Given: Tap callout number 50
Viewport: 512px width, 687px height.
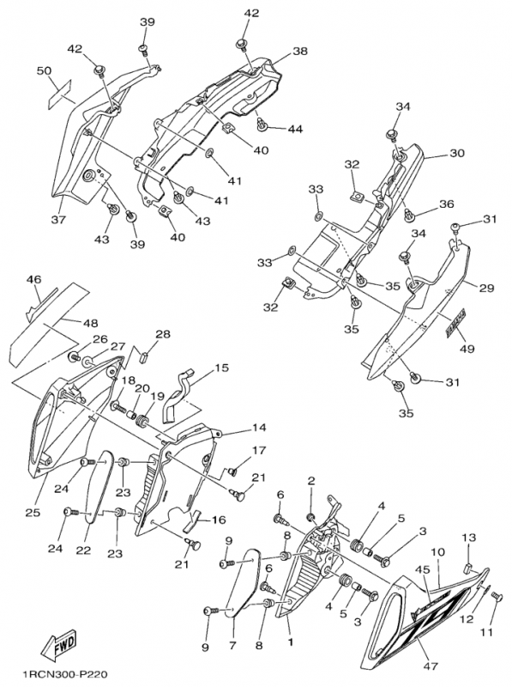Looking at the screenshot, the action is click(45, 71).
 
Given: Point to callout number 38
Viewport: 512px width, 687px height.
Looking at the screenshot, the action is click(300, 52).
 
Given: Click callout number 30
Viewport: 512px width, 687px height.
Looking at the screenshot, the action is click(457, 153).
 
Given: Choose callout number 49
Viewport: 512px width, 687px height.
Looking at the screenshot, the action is click(467, 349).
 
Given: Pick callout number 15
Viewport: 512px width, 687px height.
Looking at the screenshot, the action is click(222, 368).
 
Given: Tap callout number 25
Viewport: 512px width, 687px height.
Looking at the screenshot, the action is click(33, 512).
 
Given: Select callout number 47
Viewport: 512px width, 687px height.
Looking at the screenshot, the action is click(431, 667).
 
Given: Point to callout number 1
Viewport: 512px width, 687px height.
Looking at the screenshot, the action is click(290, 642).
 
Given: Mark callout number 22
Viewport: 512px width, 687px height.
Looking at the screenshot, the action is click(83, 550).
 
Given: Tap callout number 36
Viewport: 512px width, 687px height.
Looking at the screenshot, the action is click(447, 204).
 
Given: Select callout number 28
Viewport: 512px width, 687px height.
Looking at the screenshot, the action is click(162, 335).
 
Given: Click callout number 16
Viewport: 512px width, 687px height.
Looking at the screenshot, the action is click(219, 520).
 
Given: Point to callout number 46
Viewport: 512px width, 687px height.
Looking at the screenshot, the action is click(33, 279).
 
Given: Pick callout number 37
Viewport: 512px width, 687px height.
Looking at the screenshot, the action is click(58, 220).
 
